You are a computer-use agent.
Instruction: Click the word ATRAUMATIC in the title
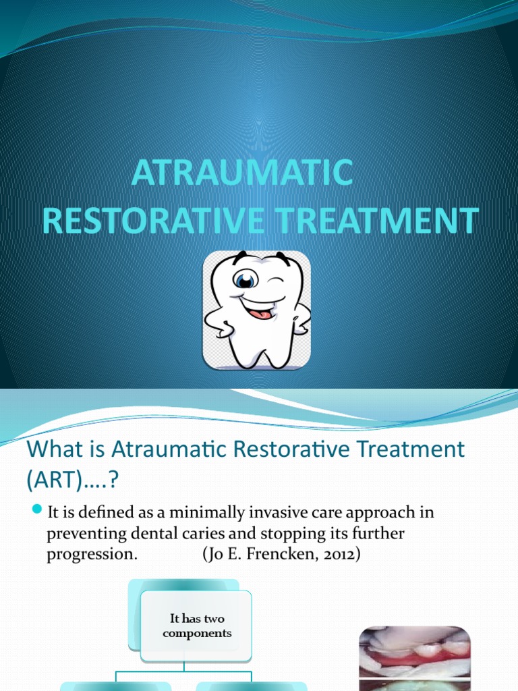click(241, 173)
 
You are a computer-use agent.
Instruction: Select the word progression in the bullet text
click(92, 555)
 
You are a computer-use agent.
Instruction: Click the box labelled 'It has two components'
click(196, 626)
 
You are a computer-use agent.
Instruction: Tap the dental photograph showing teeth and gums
click(414, 658)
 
